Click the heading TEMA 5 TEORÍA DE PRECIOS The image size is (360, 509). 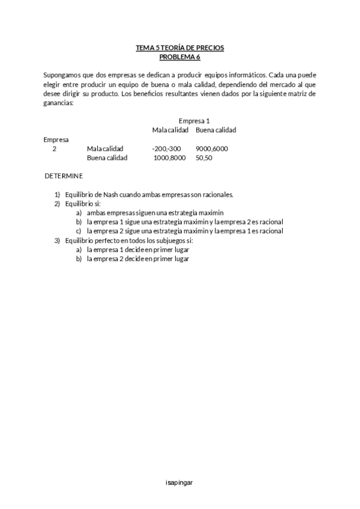coord(180,48)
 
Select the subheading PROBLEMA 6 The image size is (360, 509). coord(180,57)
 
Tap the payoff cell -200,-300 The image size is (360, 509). coord(166,149)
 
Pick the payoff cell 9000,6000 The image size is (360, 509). coord(212,149)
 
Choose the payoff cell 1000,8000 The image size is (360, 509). coord(170,158)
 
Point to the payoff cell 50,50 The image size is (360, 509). coord(204,158)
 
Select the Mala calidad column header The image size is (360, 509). coord(170,130)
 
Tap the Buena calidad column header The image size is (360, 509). coord(216,130)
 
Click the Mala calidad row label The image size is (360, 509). coord(105,149)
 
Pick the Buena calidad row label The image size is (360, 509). coord(107,158)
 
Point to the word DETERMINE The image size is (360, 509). coord(64,176)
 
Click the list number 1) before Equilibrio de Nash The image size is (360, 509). coord(58,194)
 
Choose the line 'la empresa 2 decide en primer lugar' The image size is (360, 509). coord(138,259)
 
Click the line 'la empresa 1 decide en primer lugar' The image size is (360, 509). coord(138,250)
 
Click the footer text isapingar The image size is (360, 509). coord(179,482)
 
